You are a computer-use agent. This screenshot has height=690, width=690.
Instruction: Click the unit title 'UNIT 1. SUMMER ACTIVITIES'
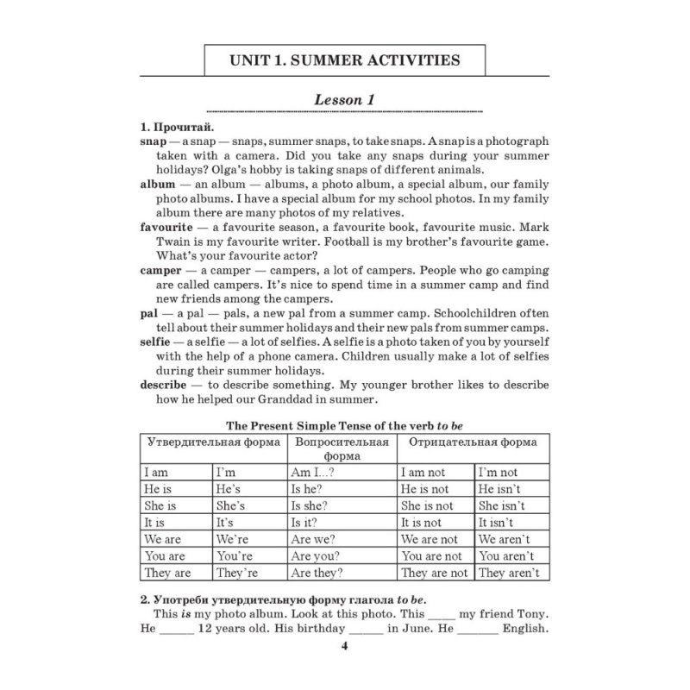[x=344, y=61]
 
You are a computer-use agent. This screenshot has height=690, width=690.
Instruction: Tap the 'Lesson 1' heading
[x=344, y=99]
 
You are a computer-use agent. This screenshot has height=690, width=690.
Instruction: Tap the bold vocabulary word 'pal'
[x=148, y=315]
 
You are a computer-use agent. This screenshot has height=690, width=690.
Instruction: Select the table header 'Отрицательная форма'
[x=472, y=442]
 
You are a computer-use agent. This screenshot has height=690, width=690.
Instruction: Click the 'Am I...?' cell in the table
[x=314, y=473]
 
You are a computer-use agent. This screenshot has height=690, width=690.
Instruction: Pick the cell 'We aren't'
[x=507, y=539]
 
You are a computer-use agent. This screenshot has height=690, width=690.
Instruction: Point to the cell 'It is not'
[x=422, y=523]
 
